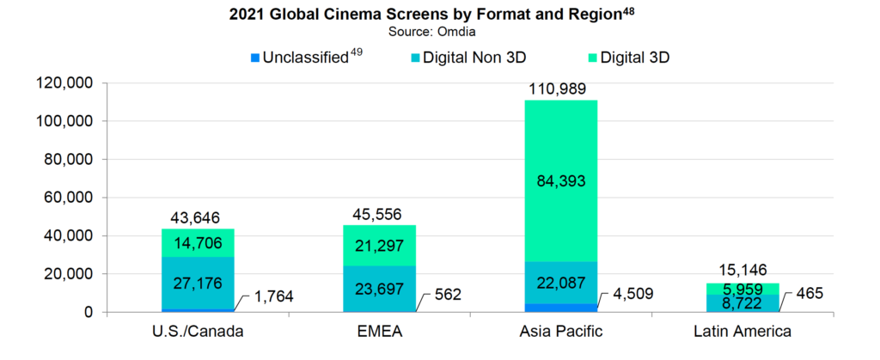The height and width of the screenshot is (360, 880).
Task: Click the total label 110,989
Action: click(561, 89)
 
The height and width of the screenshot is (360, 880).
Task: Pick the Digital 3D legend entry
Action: click(634, 58)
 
